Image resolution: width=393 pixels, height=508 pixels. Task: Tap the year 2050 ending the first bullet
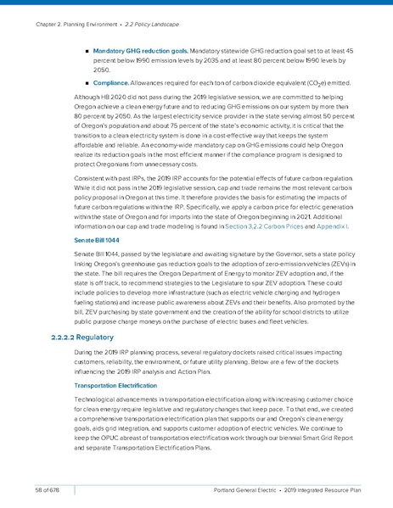click(x=103, y=70)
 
